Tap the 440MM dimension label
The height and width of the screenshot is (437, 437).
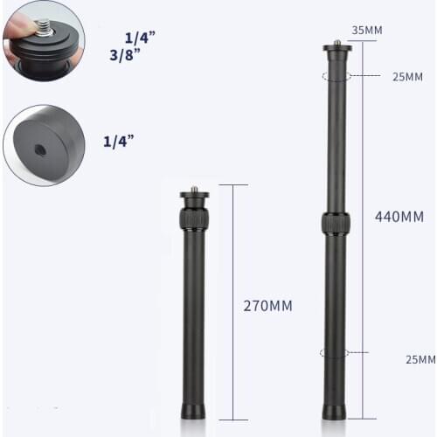(x=399, y=215)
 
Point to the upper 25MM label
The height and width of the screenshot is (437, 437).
(x=407, y=77)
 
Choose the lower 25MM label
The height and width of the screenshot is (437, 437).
(x=420, y=359)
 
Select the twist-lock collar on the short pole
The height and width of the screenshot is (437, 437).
(x=193, y=217)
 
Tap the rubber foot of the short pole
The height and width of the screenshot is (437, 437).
(x=193, y=410)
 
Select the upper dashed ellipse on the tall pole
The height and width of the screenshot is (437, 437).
(x=336, y=77)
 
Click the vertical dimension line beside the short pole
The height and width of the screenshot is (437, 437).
(x=232, y=302)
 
